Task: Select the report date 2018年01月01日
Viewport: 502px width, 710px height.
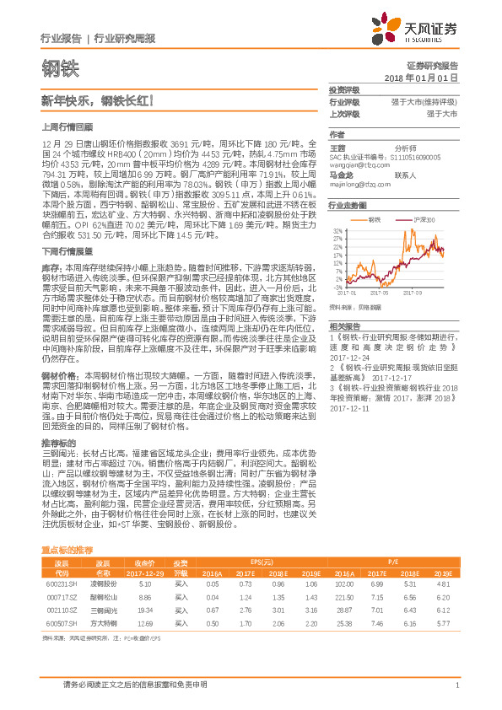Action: (x=421, y=77)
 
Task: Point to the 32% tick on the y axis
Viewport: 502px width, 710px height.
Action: (x=337, y=229)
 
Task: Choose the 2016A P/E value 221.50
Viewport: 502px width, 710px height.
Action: (x=344, y=596)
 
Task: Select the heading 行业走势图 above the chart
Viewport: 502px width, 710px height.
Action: (x=348, y=205)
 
